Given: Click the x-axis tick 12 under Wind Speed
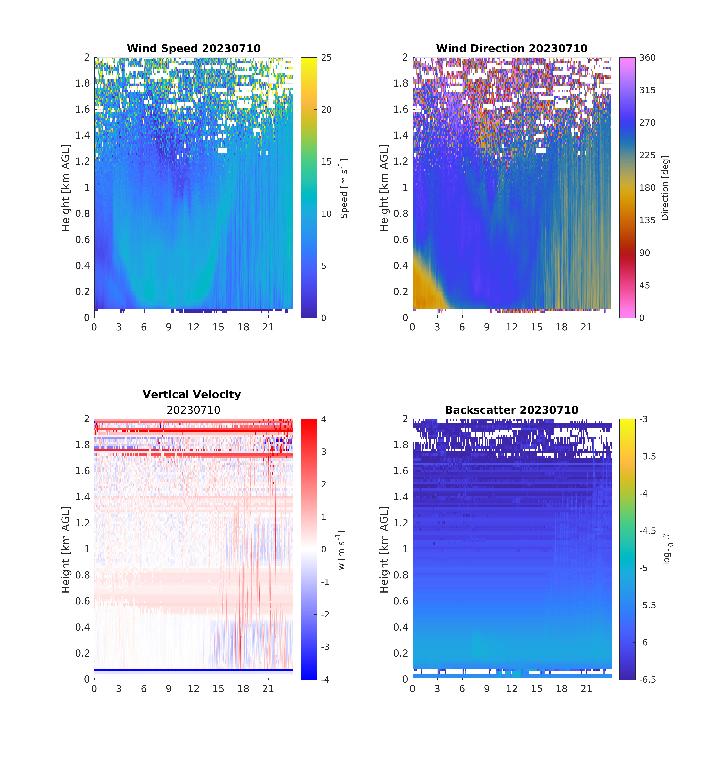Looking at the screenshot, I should [193, 327].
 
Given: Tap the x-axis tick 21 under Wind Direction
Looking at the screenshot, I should [586, 327].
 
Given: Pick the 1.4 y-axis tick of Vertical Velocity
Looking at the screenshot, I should [83, 497].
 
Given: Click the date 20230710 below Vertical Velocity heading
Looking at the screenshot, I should [193, 410].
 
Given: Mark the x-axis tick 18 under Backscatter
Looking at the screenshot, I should [561, 689].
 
